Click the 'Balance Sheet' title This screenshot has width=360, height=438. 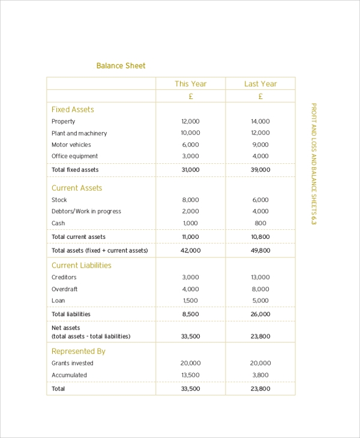coord(121,66)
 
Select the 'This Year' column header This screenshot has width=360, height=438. coord(190,84)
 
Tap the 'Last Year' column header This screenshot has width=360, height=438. coord(260,84)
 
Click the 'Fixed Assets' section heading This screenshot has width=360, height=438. coord(73,110)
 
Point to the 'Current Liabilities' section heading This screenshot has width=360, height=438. coord(81,265)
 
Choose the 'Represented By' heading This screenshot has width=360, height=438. coord(78,352)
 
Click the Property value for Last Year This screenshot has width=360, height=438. coord(260,121)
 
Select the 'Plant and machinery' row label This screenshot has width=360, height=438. coord(79,133)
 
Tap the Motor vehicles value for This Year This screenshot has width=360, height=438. coord(190,145)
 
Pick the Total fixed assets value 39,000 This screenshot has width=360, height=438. coord(260,170)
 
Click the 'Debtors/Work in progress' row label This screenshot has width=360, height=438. coord(86,211)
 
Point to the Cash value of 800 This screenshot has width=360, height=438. coord(260,223)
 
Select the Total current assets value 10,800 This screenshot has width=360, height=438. coord(260,237)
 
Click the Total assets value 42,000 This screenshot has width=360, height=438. coord(190,250)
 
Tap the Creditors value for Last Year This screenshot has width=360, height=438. coord(260,277)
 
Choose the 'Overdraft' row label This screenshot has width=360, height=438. coord(65,289)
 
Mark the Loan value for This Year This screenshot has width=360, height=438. coord(190,301)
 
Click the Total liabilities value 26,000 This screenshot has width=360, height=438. coord(260,314)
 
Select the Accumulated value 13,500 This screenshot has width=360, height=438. coord(190,375)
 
